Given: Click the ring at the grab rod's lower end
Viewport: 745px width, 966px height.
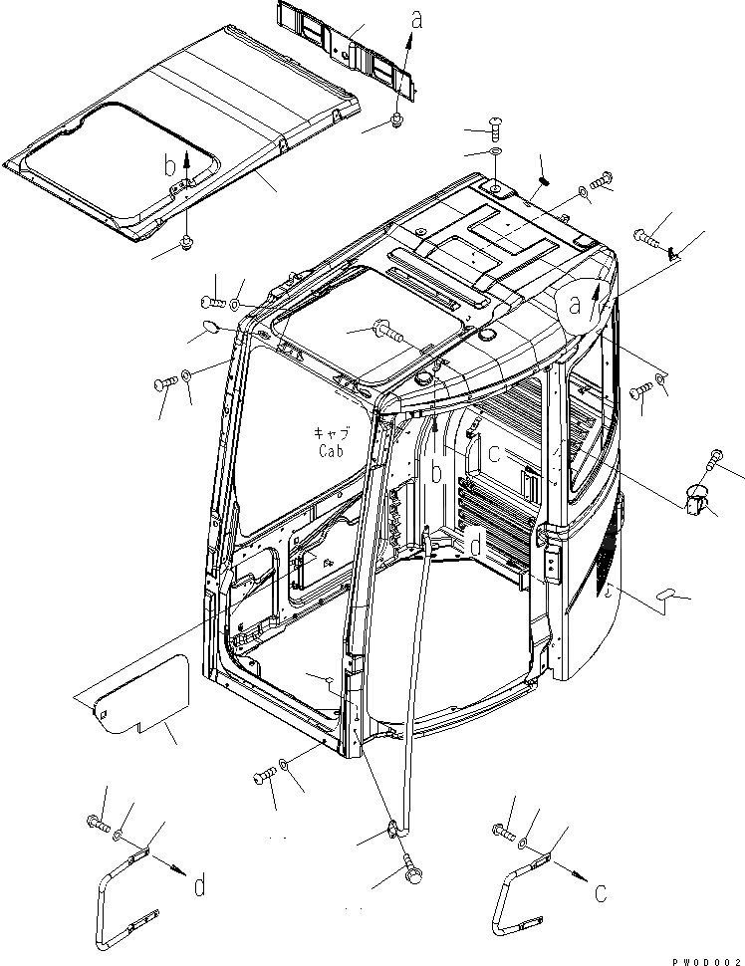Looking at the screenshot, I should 392,826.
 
